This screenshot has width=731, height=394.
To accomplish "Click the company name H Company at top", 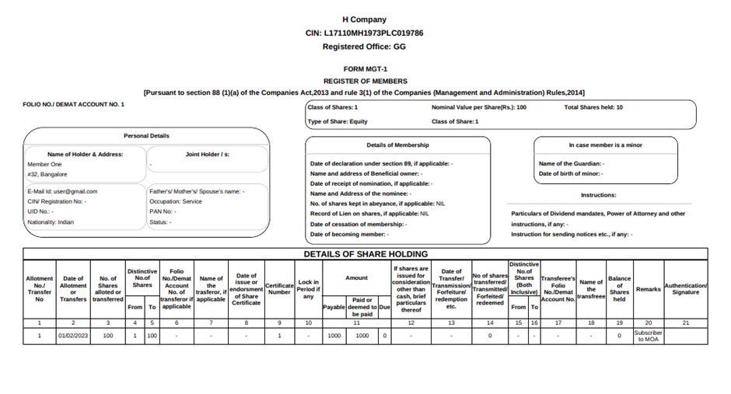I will [364, 19].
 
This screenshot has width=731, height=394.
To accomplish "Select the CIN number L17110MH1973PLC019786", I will [365, 33].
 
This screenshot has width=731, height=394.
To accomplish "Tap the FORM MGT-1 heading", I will [364, 69].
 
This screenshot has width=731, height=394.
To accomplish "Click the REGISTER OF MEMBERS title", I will [365, 81].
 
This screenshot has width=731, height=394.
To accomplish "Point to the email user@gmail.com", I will [62, 191].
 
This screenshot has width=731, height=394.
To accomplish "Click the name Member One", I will [44, 165].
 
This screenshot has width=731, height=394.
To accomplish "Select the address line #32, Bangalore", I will [47, 175].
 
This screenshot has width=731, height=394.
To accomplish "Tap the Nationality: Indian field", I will [51, 222].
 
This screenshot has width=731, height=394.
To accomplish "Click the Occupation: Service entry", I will [176, 201].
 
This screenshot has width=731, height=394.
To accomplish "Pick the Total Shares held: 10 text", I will [593, 107].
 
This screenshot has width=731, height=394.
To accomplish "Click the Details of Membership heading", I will [397, 145].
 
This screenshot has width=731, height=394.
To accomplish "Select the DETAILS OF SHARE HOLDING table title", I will [365, 254].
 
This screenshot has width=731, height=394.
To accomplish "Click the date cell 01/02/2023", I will [73, 336].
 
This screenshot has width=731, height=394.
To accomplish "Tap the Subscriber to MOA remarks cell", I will [648, 336].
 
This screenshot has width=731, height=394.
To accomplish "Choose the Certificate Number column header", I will [278, 289].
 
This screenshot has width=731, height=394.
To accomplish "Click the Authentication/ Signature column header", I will [686, 289].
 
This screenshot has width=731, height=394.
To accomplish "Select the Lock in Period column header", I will [308, 289].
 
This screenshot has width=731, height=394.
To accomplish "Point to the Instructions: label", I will [598, 195].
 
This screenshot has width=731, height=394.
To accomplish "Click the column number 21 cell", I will [686, 322].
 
